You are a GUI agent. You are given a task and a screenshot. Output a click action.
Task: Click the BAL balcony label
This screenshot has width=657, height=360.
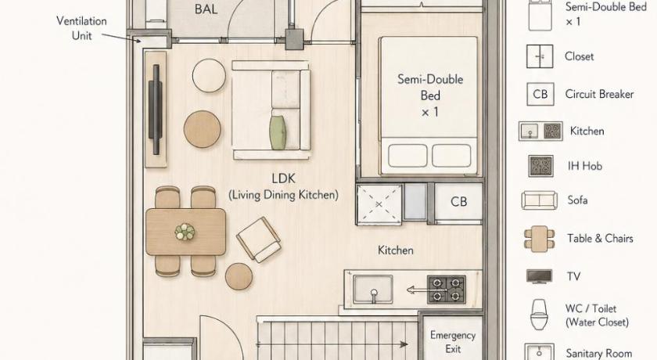click(x=206, y=9)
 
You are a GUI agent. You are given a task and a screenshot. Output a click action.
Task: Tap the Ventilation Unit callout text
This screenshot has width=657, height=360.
click(x=81, y=28)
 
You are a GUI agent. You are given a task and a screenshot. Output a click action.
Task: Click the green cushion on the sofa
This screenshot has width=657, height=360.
click(x=278, y=132)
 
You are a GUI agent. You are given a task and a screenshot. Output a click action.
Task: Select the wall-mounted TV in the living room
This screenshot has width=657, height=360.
click(x=156, y=110)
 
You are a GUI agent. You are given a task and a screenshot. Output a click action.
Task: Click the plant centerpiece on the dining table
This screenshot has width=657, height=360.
click(x=185, y=232)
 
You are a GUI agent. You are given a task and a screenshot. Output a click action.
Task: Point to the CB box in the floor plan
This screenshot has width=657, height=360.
click(x=458, y=202)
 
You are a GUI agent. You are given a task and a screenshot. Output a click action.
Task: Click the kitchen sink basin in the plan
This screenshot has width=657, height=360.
click(x=373, y=289)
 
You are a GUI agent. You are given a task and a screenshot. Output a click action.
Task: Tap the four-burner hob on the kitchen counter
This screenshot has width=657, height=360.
click(x=447, y=289)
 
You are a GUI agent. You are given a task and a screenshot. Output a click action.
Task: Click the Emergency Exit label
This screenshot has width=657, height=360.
click(x=453, y=342)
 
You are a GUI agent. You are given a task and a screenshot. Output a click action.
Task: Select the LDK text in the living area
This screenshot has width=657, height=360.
click(x=284, y=178)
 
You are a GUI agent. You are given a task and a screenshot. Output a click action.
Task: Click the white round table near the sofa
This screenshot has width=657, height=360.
click(x=209, y=75)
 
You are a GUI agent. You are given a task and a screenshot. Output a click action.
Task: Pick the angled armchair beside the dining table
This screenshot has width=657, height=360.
click(x=259, y=239)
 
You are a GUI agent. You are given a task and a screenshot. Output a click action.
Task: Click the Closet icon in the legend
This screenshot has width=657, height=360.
click(x=540, y=56)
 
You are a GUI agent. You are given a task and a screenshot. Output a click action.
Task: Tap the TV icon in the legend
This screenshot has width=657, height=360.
click(x=539, y=276)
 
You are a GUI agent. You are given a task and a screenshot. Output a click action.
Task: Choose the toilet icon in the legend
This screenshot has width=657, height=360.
click(x=539, y=315)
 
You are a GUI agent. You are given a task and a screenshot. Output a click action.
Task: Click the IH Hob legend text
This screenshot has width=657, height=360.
click(x=585, y=166)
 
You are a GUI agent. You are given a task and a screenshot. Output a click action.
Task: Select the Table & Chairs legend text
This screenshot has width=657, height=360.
click(x=600, y=239)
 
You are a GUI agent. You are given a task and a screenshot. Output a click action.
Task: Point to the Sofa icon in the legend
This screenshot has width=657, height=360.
click(x=539, y=200)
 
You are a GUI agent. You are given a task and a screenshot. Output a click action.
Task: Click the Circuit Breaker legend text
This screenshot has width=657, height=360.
click(x=599, y=94)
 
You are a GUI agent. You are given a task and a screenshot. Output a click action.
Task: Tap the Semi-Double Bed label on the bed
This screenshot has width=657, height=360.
click(x=430, y=95)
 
